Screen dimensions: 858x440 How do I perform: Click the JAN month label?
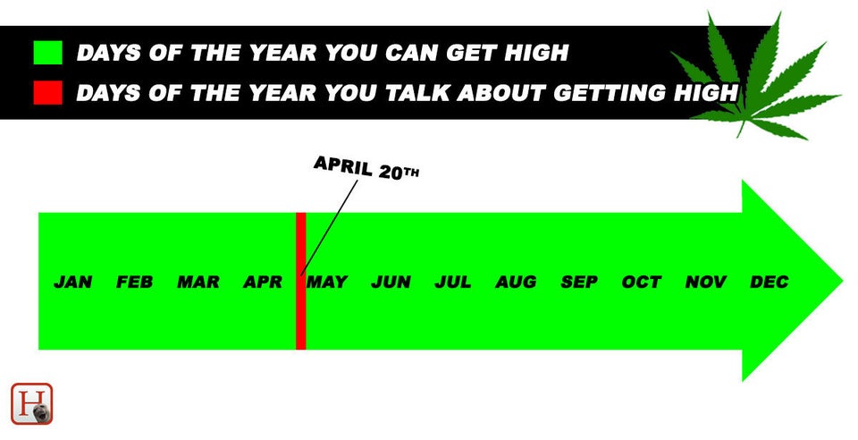tap(73, 282)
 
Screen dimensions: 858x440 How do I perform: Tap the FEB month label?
tap(135, 282)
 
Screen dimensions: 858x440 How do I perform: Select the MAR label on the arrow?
tap(198, 282)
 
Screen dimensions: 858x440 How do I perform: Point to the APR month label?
tap(263, 282)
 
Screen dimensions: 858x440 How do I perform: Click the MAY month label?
tap(327, 282)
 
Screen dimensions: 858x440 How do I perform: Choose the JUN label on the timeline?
tap(391, 282)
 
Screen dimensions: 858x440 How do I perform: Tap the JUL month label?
tap(453, 282)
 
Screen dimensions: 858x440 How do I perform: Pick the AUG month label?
tap(516, 282)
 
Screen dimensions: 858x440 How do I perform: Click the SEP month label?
tap(579, 282)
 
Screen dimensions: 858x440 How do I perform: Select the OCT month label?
tap(642, 282)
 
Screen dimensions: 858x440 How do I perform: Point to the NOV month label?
tap(706, 282)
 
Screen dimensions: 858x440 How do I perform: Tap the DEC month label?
tap(770, 282)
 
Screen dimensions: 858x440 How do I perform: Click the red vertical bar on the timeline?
tap(300, 281)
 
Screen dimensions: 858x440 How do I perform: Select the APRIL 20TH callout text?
tap(366, 167)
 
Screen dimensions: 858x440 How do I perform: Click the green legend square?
tap(47, 53)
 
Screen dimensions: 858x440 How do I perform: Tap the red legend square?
tap(47, 92)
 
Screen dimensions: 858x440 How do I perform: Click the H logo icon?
tap(32, 404)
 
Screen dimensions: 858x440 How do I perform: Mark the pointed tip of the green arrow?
tap(842, 281)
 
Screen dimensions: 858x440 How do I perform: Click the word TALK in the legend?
tap(418, 93)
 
